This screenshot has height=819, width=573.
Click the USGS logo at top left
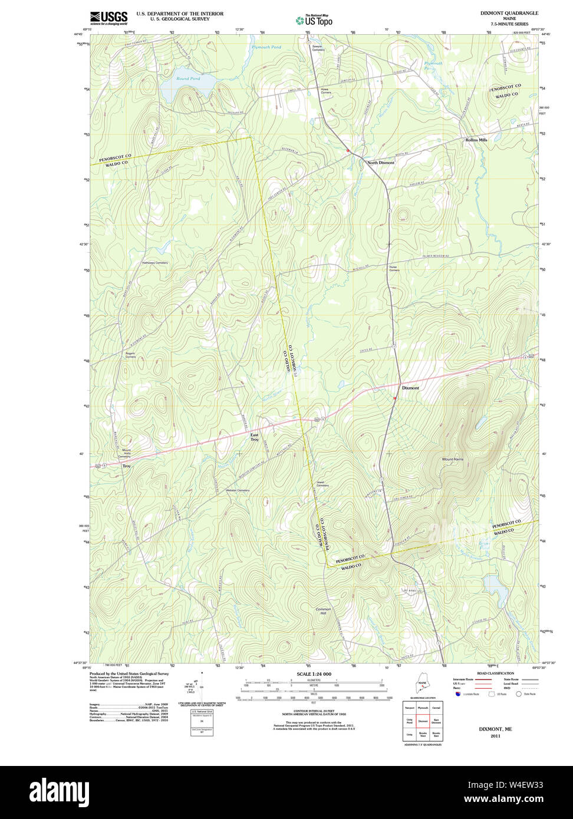click(x=108, y=18)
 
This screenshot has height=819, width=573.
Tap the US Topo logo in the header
click(x=314, y=20)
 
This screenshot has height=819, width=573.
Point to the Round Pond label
click(x=188, y=78)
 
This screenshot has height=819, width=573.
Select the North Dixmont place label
click(x=381, y=163)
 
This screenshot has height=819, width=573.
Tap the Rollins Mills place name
click(x=476, y=140)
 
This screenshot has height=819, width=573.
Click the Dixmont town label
click(x=410, y=388)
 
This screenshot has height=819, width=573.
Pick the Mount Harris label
click(x=453, y=459)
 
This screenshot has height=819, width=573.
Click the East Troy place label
click(x=254, y=437)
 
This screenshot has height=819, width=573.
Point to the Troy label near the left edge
click(x=126, y=466)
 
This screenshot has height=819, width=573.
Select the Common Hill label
click(x=324, y=611)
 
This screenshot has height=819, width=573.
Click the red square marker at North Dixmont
click(x=348, y=151)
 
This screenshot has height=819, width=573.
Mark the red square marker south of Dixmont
click(x=394, y=398)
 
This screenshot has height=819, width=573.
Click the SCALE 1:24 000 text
click(x=314, y=674)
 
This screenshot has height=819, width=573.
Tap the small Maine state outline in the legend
click(x=421, y=685)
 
